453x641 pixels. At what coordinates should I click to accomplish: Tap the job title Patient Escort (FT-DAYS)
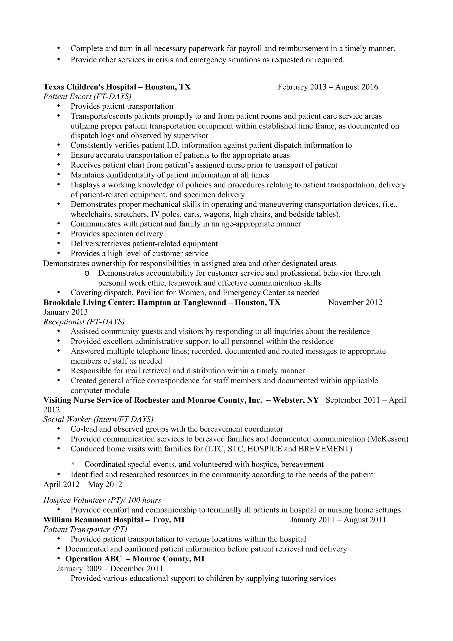click(x=87, y=97)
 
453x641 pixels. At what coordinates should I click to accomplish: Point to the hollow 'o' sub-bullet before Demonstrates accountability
click(x=86, y=273)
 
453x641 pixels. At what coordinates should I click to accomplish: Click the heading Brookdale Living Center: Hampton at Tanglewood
click(x=162, y=303)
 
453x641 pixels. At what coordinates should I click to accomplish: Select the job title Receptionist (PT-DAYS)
click(x=84, y=322)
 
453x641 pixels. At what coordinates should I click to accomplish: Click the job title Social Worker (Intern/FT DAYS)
click(x=98, y=419)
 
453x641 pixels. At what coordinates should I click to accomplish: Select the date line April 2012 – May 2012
click(x=83, y=484)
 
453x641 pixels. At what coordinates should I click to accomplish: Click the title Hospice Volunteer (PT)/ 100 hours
click(x=102, y=500)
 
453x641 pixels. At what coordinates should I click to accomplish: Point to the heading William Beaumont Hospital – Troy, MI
click(x=114, y=520)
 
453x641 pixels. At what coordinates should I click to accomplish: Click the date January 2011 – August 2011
click(x=338, y=520)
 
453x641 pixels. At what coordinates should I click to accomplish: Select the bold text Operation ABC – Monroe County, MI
click(x=134, y=559)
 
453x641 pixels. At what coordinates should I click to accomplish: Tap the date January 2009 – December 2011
click(x=110, y=569)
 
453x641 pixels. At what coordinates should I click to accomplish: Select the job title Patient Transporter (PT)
click(x=85, y=529)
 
